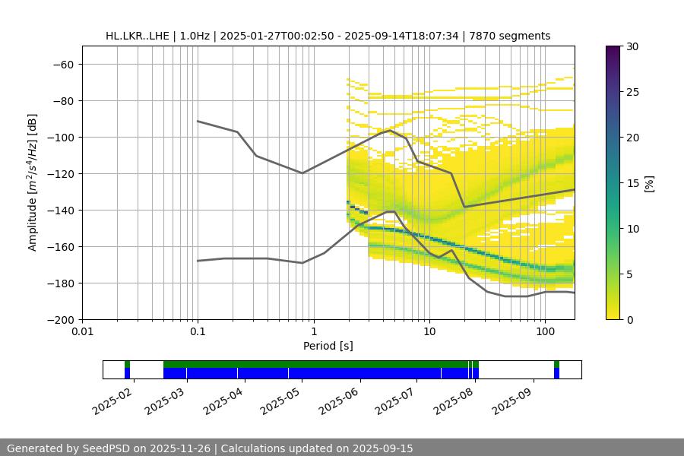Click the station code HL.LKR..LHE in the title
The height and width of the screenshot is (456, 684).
pos(138,36)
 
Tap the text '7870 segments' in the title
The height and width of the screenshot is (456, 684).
pos(514,36)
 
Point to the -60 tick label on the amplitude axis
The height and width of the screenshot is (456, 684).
pos(62,64)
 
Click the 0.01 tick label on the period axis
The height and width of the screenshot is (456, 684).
pos(82,332)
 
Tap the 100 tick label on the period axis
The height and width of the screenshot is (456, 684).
pos(544,332)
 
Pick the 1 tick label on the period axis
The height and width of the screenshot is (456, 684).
pos(313,332)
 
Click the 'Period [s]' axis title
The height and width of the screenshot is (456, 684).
pos(328,346)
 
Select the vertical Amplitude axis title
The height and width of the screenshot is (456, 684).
pos(33,182)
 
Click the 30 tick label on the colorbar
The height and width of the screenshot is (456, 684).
pos(632,46)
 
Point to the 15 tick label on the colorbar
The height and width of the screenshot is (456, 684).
pos(632,183)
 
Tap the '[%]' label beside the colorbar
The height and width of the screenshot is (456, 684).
pos(648,183)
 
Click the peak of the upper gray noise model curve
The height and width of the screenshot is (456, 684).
pos(390,130)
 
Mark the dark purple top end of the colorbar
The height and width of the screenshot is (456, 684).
pos(613,49)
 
